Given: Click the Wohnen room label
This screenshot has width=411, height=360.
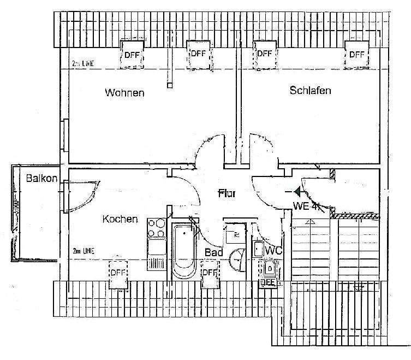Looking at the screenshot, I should coord(124,93).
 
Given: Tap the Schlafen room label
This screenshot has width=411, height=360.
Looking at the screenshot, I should coord(310,91).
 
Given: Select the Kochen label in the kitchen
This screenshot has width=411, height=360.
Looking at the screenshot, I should coord(120,219).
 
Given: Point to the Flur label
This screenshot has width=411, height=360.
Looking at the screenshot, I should coord(227,193).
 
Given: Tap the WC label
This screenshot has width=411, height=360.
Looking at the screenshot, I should coord(272,250).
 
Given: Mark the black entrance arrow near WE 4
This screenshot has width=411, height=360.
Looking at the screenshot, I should coord(296,191).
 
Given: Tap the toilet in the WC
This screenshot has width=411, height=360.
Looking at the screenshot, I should coord(270,269).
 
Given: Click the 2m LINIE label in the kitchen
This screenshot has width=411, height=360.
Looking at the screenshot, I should coord(84,251).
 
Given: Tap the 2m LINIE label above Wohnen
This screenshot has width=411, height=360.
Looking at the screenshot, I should coord(84,64).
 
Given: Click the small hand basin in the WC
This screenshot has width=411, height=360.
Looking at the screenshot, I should coord(258,249).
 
